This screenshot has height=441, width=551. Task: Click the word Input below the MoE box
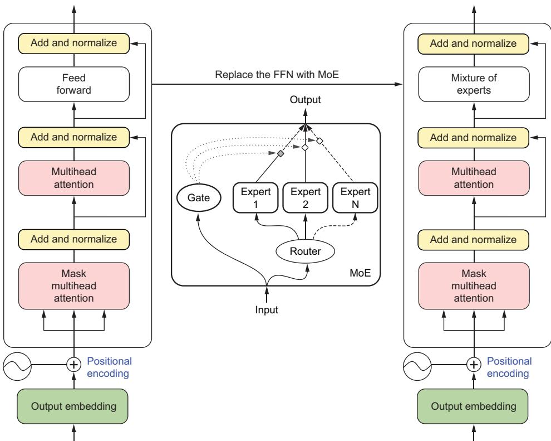pyautogui.click(x=267, y=309)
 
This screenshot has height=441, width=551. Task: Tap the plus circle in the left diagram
pyautogui.click(x=74, y=365)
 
